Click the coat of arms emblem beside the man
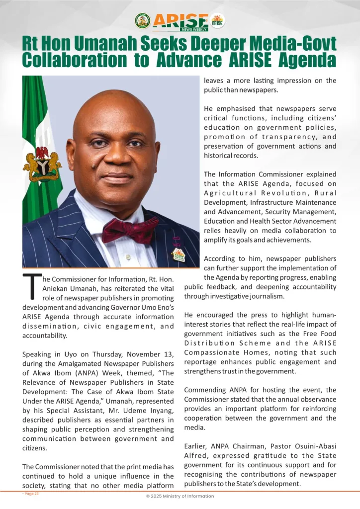pos(42,164)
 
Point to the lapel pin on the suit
pos(178,254)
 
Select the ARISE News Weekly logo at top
pos(180,21)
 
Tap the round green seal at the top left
pos(142,21)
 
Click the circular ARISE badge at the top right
pos(217,21)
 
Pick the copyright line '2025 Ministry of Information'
pos(180,496)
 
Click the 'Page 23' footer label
pos(30,494)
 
